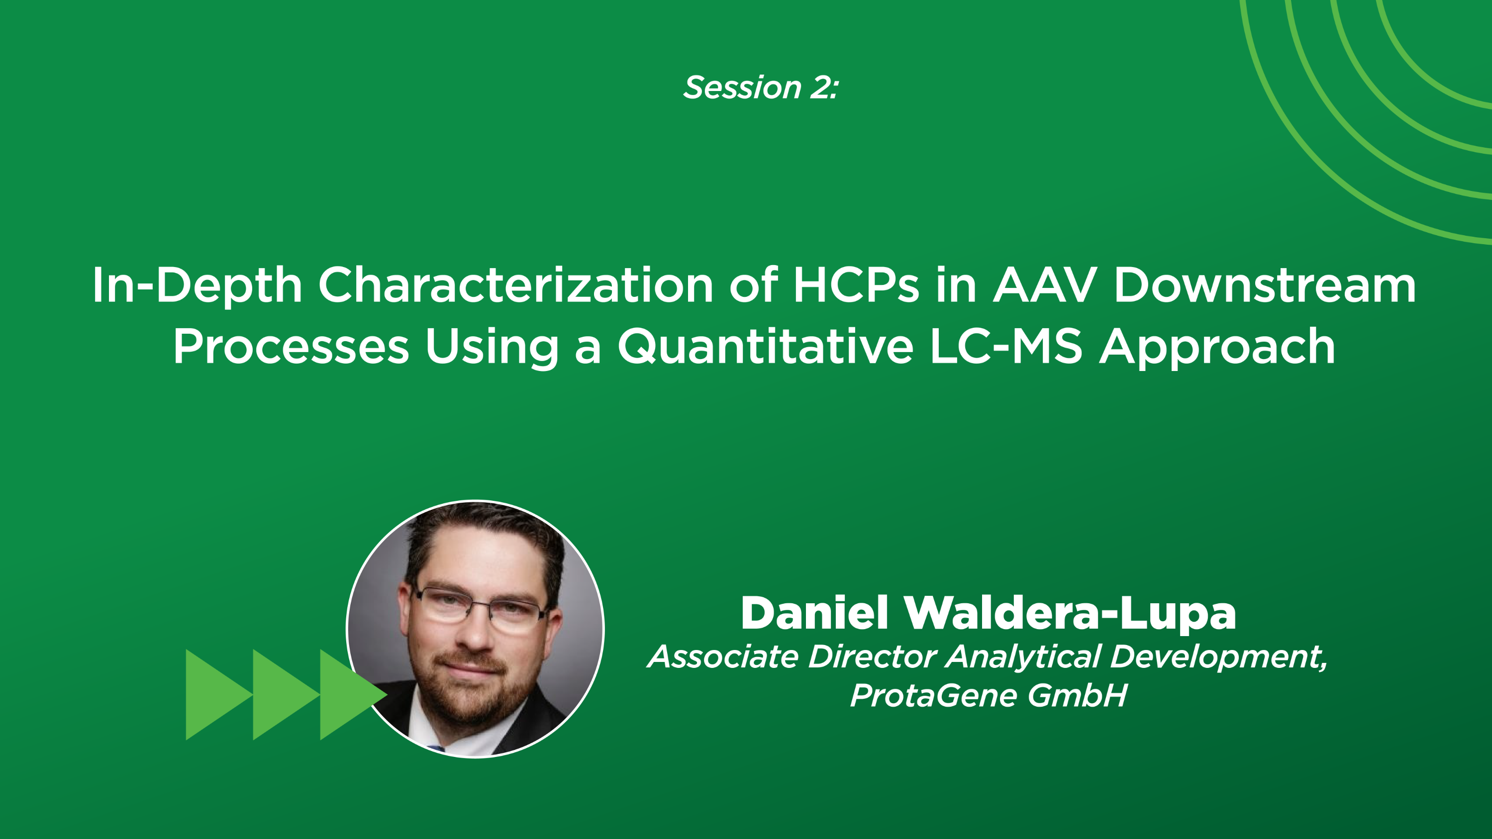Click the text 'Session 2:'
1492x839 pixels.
(x=761, y=88)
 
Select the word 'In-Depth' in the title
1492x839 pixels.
(x=197, y=285)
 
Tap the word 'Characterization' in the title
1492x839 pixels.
(x=515, y=285)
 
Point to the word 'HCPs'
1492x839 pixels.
(x=856, y=285)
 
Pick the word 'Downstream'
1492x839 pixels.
(x=1264, y=285)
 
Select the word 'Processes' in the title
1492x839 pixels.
(x=291, y=346)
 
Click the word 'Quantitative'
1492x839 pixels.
(x=765, y=346)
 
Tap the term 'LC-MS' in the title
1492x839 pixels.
(x=1006, y=346)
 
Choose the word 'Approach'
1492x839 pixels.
(x=1217, y=346)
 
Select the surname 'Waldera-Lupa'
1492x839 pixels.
(x=1070, y=613)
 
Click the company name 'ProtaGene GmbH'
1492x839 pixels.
(x=988, y=695)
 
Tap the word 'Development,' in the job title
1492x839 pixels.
(x=1218, y=656)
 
